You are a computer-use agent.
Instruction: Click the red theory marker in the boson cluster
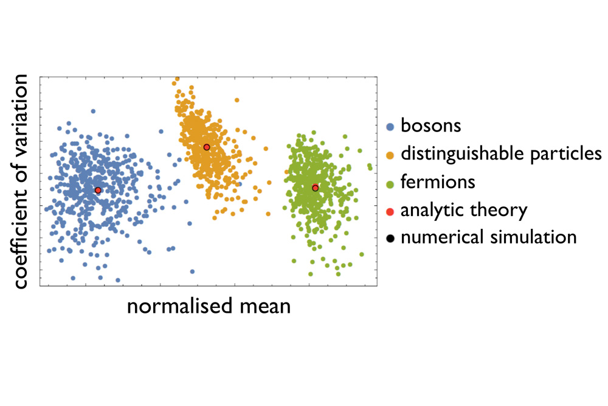pyautogui.click(x=98, y=191)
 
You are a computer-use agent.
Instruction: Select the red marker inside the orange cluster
pyautogui.click(x=207, y=147)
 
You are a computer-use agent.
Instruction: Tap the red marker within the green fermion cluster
pyautogui.click(x=315, y=188)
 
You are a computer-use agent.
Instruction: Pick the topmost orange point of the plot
pyautogui.click(x=176, y=80)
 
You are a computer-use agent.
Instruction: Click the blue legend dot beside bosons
pyautogui.click(x=391, y=127)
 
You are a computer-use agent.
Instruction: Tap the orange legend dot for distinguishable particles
pyautogui.click(x=391, y=155)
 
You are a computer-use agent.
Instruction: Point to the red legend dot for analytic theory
pyautogui.click(x=391, y=211)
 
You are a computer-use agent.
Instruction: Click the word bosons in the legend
pyautogui.click(x=430, y=127)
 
